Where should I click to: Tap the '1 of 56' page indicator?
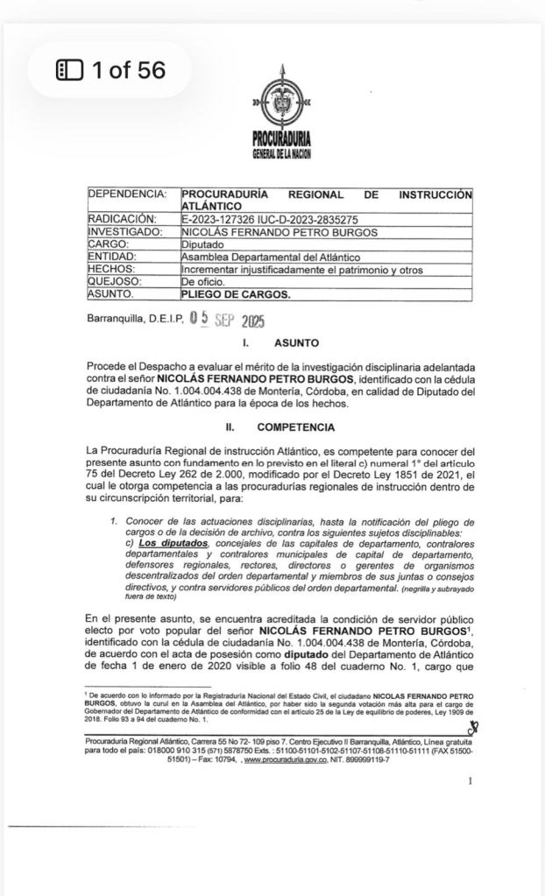(110, 70)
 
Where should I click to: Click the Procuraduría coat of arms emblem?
(280, 103)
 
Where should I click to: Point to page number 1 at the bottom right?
(471, 780)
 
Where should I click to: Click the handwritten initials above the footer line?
(471, 726)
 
